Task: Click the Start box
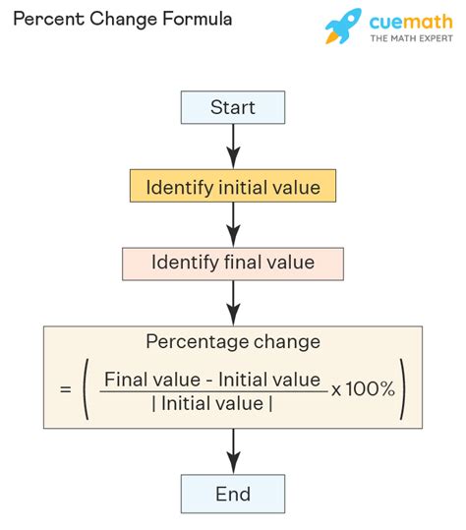233,107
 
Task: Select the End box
233,494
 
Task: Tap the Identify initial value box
233,186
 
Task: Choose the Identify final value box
233,263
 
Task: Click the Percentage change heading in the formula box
232,342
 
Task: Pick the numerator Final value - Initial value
212,379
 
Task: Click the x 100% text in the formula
363,389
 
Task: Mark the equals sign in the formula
65,390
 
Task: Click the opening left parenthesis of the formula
89,390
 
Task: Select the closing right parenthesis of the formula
404,390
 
